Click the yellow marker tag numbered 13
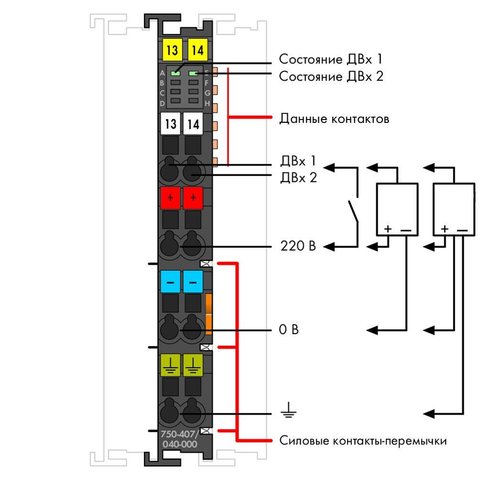coord(172,50)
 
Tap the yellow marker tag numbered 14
coord(197,50)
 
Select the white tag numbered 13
coord(170,124)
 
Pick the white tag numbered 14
coord(193,124)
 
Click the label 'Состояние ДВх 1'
coord(331,59)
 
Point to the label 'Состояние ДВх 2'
coord(331,76)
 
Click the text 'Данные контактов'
coord(334,119)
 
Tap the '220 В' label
coord(298,246)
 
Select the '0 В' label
coord(288,329)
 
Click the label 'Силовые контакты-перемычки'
coord(363,441)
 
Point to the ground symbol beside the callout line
coord(288,410)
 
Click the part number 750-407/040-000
coord(180,439)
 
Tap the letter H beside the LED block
coord(207,104)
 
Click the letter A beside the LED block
coord(162,73)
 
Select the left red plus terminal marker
coord(170,198)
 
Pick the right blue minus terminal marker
coord(193,282)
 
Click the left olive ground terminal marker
coord(170,365)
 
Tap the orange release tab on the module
coord(209,314)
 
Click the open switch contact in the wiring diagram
coord(353,211)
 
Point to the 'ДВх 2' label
coord(299,178)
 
